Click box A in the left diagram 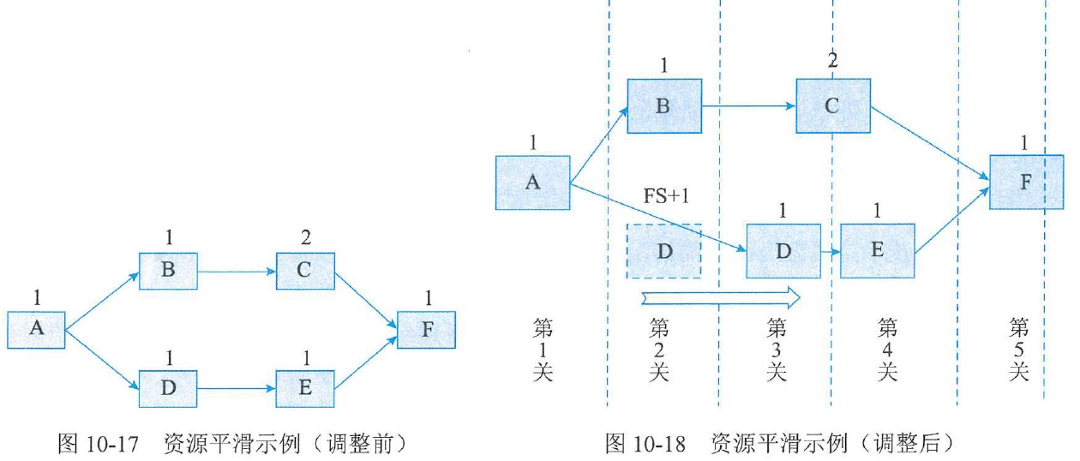coord(37,330)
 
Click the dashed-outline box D coord(664,251)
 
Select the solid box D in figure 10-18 coord(783,251)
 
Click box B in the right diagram coord(664,105)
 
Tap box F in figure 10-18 coord(1026,183)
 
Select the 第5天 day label coord(1018,350)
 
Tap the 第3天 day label coord(776,350)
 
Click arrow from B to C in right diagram coord(748,106)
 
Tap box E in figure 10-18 coord(878,251)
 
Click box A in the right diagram coord(532,183)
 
